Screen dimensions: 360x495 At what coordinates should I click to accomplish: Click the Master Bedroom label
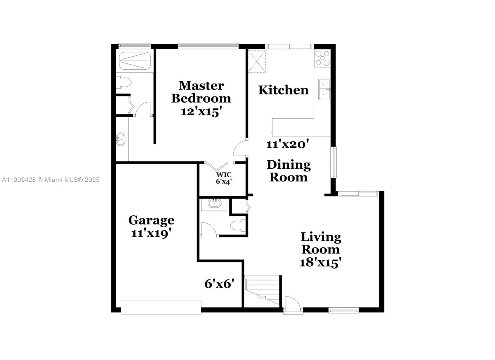point(201,92)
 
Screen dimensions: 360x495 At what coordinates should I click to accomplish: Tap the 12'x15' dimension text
point(201,111)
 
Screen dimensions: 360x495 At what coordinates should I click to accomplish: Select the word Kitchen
point(283,90)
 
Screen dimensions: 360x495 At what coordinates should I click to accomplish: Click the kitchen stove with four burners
point(322,58)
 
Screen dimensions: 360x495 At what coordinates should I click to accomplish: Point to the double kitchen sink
point(324,89)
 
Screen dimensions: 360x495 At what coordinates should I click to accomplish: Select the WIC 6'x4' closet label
point(224,178)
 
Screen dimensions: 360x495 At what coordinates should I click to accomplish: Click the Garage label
point(151,220)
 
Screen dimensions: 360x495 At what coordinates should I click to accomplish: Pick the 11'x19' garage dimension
point(151,233)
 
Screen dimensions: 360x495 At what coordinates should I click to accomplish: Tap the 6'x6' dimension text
point(219,284)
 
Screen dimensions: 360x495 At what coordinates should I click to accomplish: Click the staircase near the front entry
point(262,291)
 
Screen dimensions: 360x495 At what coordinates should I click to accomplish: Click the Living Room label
point(321,243)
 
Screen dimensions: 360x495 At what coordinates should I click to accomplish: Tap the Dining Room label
point(289,171)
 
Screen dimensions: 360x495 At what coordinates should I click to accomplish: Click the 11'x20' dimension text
point(287,144)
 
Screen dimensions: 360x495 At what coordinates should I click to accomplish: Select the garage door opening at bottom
point(161,307)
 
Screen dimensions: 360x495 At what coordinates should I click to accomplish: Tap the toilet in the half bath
point(238,225)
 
